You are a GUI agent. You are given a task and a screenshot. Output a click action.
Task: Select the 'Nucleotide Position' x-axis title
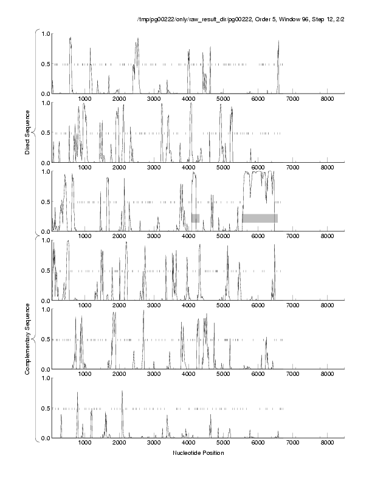pyautogui.click(x=198, y=453)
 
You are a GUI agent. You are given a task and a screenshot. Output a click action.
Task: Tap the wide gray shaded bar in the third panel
pyautogui.click(x=260, y=218)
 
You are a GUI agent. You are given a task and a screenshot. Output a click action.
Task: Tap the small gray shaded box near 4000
pyautogui.click(x=195, y=218)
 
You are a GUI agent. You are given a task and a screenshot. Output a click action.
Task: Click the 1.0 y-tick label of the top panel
pyautogui.click(x=45, y=33)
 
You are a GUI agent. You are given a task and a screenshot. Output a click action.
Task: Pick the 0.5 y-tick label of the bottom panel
pyautogui.click(x=45, y=408)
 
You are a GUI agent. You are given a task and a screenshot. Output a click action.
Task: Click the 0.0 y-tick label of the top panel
pyautogui.click(x=45, y=94)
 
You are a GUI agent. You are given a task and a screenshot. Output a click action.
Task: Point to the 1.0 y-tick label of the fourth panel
pyautogui.click(x=45, y=240)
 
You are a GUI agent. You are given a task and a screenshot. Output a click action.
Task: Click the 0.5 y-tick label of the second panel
pyautogui.click(x=45, y=133)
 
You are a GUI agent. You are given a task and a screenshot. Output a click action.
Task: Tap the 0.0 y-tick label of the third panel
pyautogui.click(x=45, y=231)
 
